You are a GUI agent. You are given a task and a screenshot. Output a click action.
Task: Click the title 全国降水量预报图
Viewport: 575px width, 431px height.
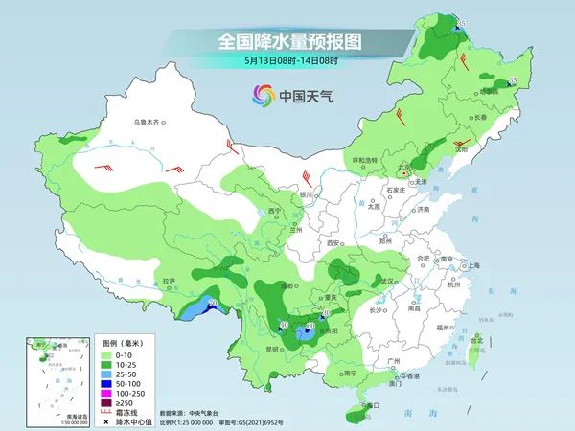[x=287, y=42]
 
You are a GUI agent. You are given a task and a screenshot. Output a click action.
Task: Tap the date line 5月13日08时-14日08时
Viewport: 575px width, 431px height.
[x=287, y=61]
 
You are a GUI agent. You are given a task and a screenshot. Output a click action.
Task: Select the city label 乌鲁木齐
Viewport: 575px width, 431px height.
[x=149, y=123]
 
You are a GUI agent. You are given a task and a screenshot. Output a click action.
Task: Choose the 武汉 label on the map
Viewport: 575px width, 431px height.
[x=386, y=282]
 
